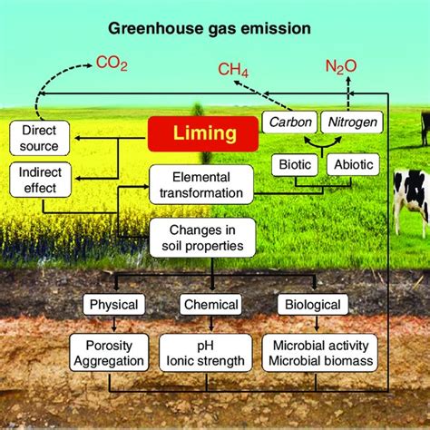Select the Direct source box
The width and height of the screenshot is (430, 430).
coord(39,139)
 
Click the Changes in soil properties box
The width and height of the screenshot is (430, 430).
coord(200,236)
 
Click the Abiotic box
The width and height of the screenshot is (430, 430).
coord(352,165)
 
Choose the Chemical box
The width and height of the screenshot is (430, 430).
coord(210,306)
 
